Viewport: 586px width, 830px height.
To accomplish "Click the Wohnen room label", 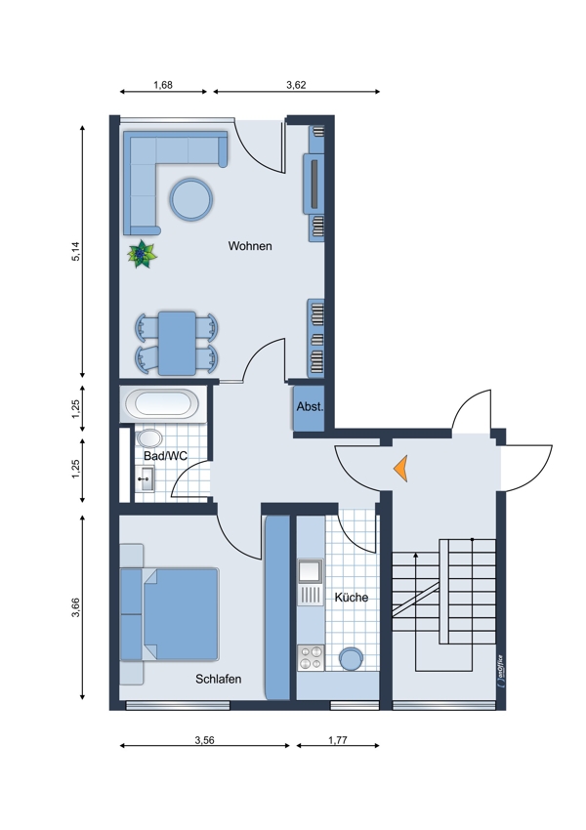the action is click(250, 246).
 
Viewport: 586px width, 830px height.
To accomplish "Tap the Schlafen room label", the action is click(218, 679).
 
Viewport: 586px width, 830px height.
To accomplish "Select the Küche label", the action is click(351, 597).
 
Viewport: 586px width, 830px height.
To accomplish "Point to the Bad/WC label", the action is click(165, 456).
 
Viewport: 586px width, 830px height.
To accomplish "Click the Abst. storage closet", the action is click(310, 407).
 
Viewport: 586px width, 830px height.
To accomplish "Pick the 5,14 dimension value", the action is click(75, 251).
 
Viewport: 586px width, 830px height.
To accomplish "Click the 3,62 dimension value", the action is click(296, 85).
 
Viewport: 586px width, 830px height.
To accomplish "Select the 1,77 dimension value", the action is click(337, 740).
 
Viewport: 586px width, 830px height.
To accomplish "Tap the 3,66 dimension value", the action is click(76, 607).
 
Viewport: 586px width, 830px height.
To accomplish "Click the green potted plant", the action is click(142, 254).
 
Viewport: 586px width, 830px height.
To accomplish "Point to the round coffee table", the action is click(191, 199).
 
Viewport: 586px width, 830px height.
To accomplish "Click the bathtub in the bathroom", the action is click(162, 404).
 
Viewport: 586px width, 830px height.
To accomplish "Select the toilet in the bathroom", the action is click(148, 438).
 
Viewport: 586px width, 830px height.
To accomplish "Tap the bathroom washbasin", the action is click(144, 478).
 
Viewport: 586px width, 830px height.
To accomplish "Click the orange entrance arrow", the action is click(400, 469).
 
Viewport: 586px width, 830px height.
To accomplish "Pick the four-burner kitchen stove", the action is click(311, 657).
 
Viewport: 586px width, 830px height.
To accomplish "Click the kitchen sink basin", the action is click(311, 571).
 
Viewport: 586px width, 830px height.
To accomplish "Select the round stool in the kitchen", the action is click(351, 659).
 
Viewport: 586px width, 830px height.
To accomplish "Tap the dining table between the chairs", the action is click(177, 343).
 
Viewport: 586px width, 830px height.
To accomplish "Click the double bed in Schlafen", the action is click(169, 614).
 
